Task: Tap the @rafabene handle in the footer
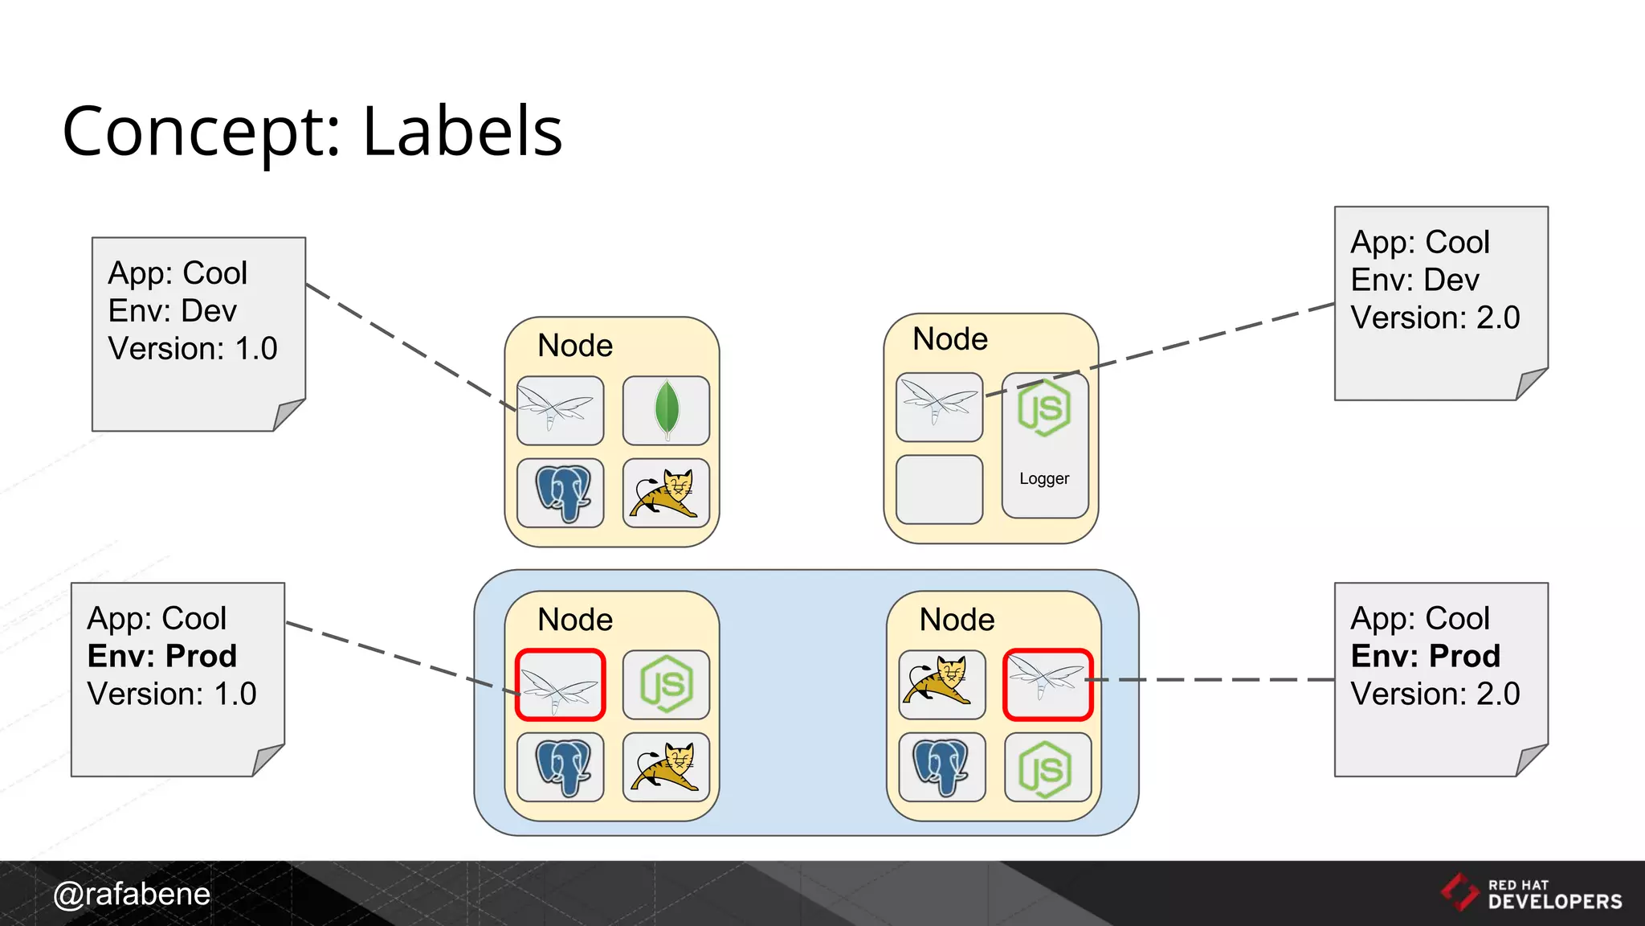[x=132, y=894]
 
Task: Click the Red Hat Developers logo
[x=1531, y=893]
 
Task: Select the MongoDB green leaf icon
[x=666, y=410]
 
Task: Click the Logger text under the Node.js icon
[x=1044, y=479]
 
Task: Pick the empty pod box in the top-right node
[x=939, y=490]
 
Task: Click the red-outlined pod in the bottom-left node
[x=560, y=685]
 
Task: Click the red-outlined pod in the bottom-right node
[x=1047, y=685]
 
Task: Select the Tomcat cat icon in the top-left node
[x=666, y=493]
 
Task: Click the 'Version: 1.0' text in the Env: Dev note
[x=193, y=349]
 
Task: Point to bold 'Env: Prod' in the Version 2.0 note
[x=1425, y=656]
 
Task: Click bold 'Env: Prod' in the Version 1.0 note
[x=162, y=656]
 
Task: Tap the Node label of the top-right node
[x=950, y=339]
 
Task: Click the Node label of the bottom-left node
[x=575, y=620]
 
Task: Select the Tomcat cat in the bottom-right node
[x=941, y=685]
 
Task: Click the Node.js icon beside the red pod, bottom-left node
[x=666, y=685]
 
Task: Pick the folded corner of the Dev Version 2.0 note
[x=1530, y=383]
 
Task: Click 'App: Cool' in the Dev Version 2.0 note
[x=1420, y=242]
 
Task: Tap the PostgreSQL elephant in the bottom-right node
[x=941, y=767]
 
